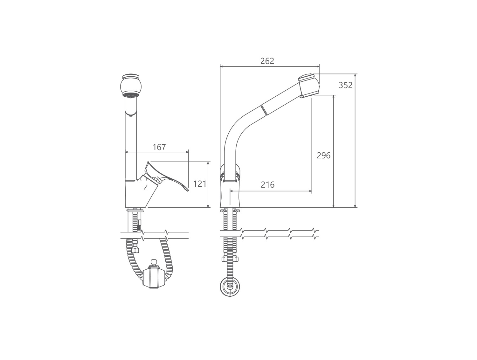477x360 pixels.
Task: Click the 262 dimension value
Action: pos(267,61)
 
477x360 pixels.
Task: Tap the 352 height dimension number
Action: pos(346,85)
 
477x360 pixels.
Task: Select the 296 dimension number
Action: pos(323,156)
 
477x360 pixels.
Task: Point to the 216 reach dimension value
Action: pos(267,185)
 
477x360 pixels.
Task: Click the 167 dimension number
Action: pos(159,147)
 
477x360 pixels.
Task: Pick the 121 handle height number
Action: pos(199,184)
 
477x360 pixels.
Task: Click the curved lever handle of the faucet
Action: pos(165,176)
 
